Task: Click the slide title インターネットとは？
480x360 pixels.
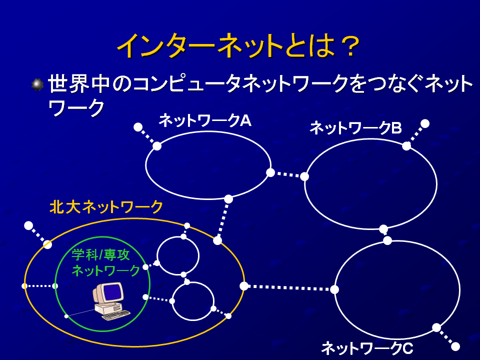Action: [238, 46]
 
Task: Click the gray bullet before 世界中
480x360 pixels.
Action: [37, 84]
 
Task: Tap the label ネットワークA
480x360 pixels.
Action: [205, 120]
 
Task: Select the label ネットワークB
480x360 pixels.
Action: [355, 128]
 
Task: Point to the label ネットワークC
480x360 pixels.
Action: [367, 348]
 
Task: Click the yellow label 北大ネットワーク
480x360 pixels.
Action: [106, 207]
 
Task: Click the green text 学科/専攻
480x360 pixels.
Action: [101, 254]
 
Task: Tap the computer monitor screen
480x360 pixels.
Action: [111, 292]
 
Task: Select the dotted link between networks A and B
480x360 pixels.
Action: [287, 174]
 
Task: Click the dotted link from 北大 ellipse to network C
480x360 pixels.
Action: [289, 288]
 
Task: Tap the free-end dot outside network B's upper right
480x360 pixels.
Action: [425, 123]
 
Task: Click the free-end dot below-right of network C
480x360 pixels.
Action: [455, 346]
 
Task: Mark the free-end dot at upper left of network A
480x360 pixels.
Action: [138, 126]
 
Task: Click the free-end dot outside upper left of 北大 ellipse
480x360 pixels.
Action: [28, 225]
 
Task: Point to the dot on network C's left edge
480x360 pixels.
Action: [334, 289]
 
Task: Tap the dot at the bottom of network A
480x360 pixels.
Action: [228, 199]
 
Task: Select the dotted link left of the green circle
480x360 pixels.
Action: [40, 286]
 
